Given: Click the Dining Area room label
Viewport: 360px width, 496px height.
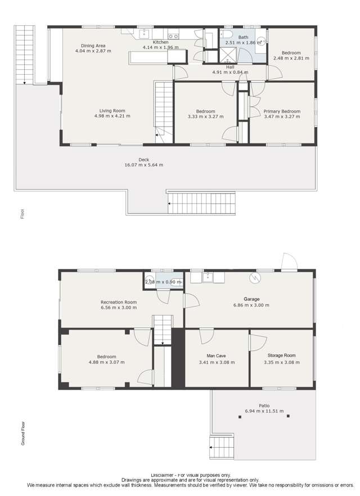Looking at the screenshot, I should (x=93, y=46).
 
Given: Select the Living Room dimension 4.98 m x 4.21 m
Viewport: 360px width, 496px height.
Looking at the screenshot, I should (x=112, y=116).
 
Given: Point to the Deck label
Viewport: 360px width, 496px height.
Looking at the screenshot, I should (x=143, y=160).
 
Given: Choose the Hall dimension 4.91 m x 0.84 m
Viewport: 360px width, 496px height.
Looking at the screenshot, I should (x=230, y=72).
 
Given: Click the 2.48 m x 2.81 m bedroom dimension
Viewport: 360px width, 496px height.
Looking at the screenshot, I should (x=291, y=58).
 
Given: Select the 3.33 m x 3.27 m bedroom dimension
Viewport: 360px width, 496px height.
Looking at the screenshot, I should (x=205, y=117).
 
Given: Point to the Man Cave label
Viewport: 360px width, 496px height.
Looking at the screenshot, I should (x=217, y=356).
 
